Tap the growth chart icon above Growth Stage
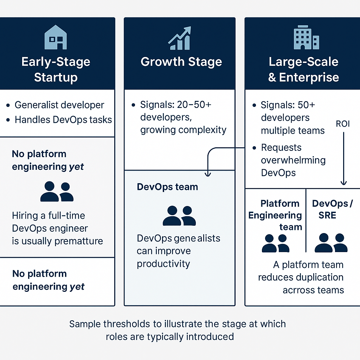180,38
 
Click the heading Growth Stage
181,62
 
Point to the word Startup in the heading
56,77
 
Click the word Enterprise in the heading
309,77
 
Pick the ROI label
343,124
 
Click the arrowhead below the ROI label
343,182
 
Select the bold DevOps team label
167,187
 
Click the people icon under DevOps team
179,216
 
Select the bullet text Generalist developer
59,105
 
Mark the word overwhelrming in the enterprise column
293,160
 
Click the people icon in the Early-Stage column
57,192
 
